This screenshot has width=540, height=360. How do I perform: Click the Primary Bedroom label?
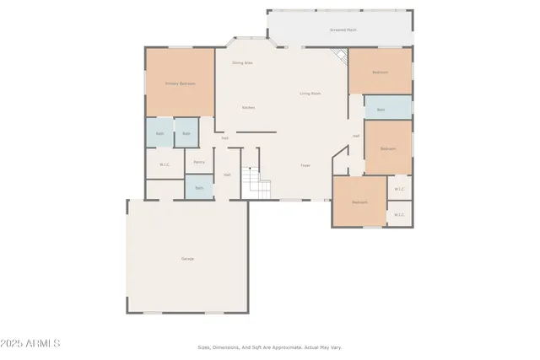(x=181, y=83)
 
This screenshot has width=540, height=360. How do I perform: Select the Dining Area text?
(x=243, y=63)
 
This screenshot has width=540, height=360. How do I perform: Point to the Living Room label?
(x=310, y=94)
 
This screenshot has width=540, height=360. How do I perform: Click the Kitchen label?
(x=248, y=108)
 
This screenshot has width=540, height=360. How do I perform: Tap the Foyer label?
(x=305, y=165)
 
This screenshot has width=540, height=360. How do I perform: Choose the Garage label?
(x=187, y=258)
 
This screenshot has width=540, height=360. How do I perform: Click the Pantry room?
(x=199, y=162)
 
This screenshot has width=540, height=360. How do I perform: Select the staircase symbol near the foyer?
(x=255, y=181)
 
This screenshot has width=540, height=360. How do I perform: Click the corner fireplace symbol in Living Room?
(x=339, y=57)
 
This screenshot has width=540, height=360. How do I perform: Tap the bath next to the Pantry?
(x=199, y=187)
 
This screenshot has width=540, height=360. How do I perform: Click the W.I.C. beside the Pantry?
(x=165, y=164)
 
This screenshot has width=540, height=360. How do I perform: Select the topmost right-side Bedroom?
(x=381, y=72)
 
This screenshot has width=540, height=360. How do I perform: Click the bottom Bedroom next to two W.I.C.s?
(x=359, y=202)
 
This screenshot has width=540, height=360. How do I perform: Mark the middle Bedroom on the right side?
(x=387, y=148)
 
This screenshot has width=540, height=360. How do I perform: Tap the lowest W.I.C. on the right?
(x=399, y=215)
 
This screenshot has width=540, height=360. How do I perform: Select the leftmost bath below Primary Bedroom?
(x=159, y=133)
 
